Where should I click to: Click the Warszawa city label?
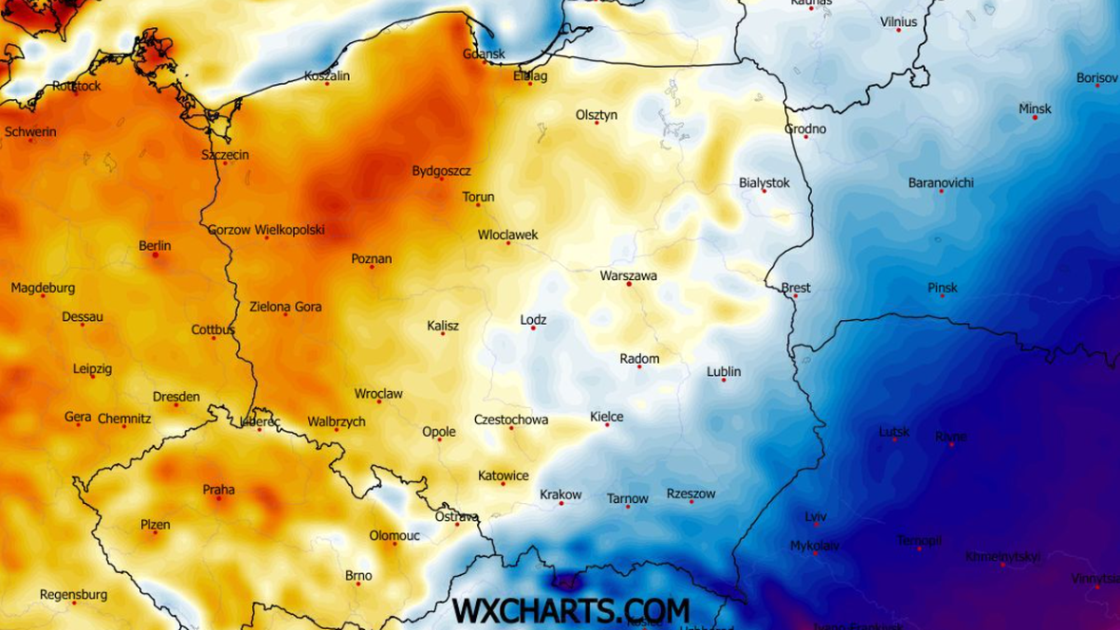pyautogui.click(x=628, y=276)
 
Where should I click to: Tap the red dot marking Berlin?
pyautogui.click(x=155, y=255)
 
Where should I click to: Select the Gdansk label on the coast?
pyautogui.click(x=483, y=54)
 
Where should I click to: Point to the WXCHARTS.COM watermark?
pyautogui.click(x=571, y=610)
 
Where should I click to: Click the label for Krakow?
pyautogui.click(x=561, y=495)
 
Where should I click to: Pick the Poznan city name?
pyautogui.click(x=371, y=259)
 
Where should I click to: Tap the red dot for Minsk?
pyautogui.click(x=1034, y=118)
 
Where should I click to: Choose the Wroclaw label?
pyautogui.click(x=379, y=394)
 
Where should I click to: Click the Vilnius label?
pyautogui.click(x=899, y=21)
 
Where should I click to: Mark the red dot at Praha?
pyautogui.click(x=219, y=498)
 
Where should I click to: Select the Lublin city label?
pyautogui.click(x=723, y=371)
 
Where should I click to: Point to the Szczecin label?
pyautogui.click(x=225, y=154)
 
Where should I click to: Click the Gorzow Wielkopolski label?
pyautogui.click(x=266, y=229)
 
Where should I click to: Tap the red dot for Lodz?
pyautogui.click(x=533, y=329)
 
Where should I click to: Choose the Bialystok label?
pyautogui.click(x=763, y=182)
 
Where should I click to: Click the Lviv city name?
pyautogui.click(x=816, y=516)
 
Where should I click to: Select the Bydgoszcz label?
pyautogui.click(x=441, y=171)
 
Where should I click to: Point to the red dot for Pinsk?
pyautogui.click(x=943, y=296)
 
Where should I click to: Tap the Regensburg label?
pyautogui.click(x=74, y=595)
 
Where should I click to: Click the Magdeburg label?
pyautogui.click(x=43, y=287)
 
